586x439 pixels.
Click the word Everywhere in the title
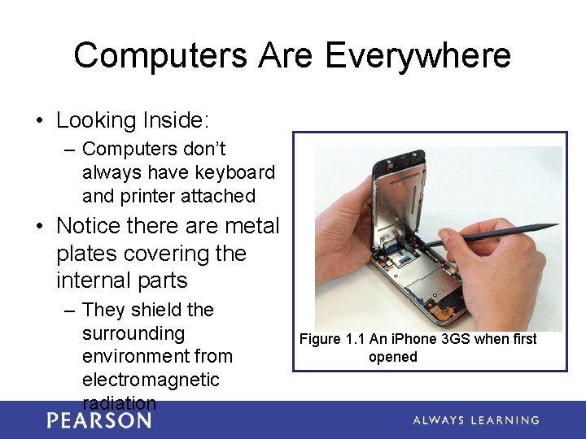pos(418,56)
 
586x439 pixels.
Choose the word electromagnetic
pos(151,380)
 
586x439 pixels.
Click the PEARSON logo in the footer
pos(99,420)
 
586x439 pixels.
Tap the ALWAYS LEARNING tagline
pos(475,420)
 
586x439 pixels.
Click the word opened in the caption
pos(393,357)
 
